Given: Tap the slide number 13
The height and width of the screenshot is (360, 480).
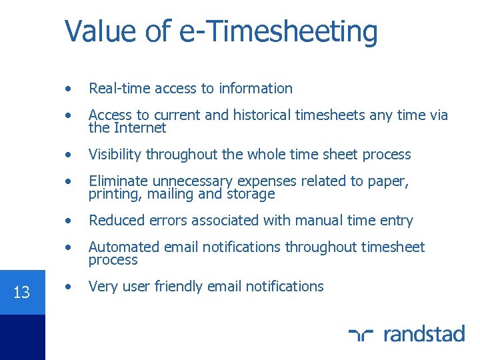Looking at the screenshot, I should [x=22, y=292].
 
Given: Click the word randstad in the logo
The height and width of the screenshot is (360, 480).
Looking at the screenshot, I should [x=425, y=333].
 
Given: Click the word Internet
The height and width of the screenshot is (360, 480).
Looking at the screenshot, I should [x=140, y=127].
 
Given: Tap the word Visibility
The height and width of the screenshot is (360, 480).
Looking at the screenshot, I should [x=115, y=155].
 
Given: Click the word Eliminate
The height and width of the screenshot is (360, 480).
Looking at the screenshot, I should [x=119, y=181].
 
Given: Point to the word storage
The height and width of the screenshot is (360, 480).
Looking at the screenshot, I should [x=250, y=194].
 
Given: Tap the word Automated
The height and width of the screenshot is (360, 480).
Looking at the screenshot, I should [x=122, y=247].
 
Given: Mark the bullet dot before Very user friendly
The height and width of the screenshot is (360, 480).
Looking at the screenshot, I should [x=69, y=287].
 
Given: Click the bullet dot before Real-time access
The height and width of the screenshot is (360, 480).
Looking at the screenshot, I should [x=69, y=89].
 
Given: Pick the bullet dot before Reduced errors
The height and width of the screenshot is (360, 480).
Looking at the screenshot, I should [x=69, y=221].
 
